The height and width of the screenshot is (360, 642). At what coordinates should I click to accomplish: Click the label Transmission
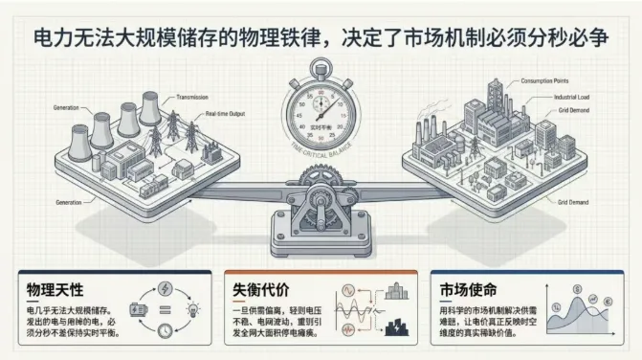196,97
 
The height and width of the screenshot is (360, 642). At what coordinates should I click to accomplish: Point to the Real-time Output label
227,115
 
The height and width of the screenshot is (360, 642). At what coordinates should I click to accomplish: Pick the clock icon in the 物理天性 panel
164,330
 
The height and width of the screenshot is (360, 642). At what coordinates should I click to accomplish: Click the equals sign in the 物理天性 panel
163,308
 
